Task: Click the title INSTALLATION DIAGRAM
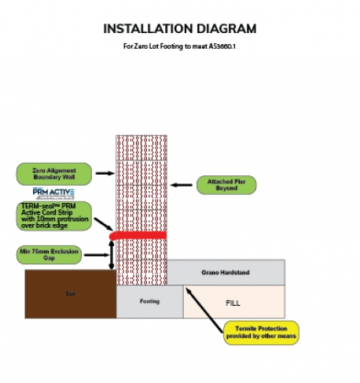click(180, 29)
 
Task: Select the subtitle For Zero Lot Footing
click(180, 46)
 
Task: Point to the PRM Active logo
click(53, 193)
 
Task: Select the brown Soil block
click(71, 293)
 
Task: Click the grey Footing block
click(149, 302)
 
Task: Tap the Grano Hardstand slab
click(226, 273)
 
